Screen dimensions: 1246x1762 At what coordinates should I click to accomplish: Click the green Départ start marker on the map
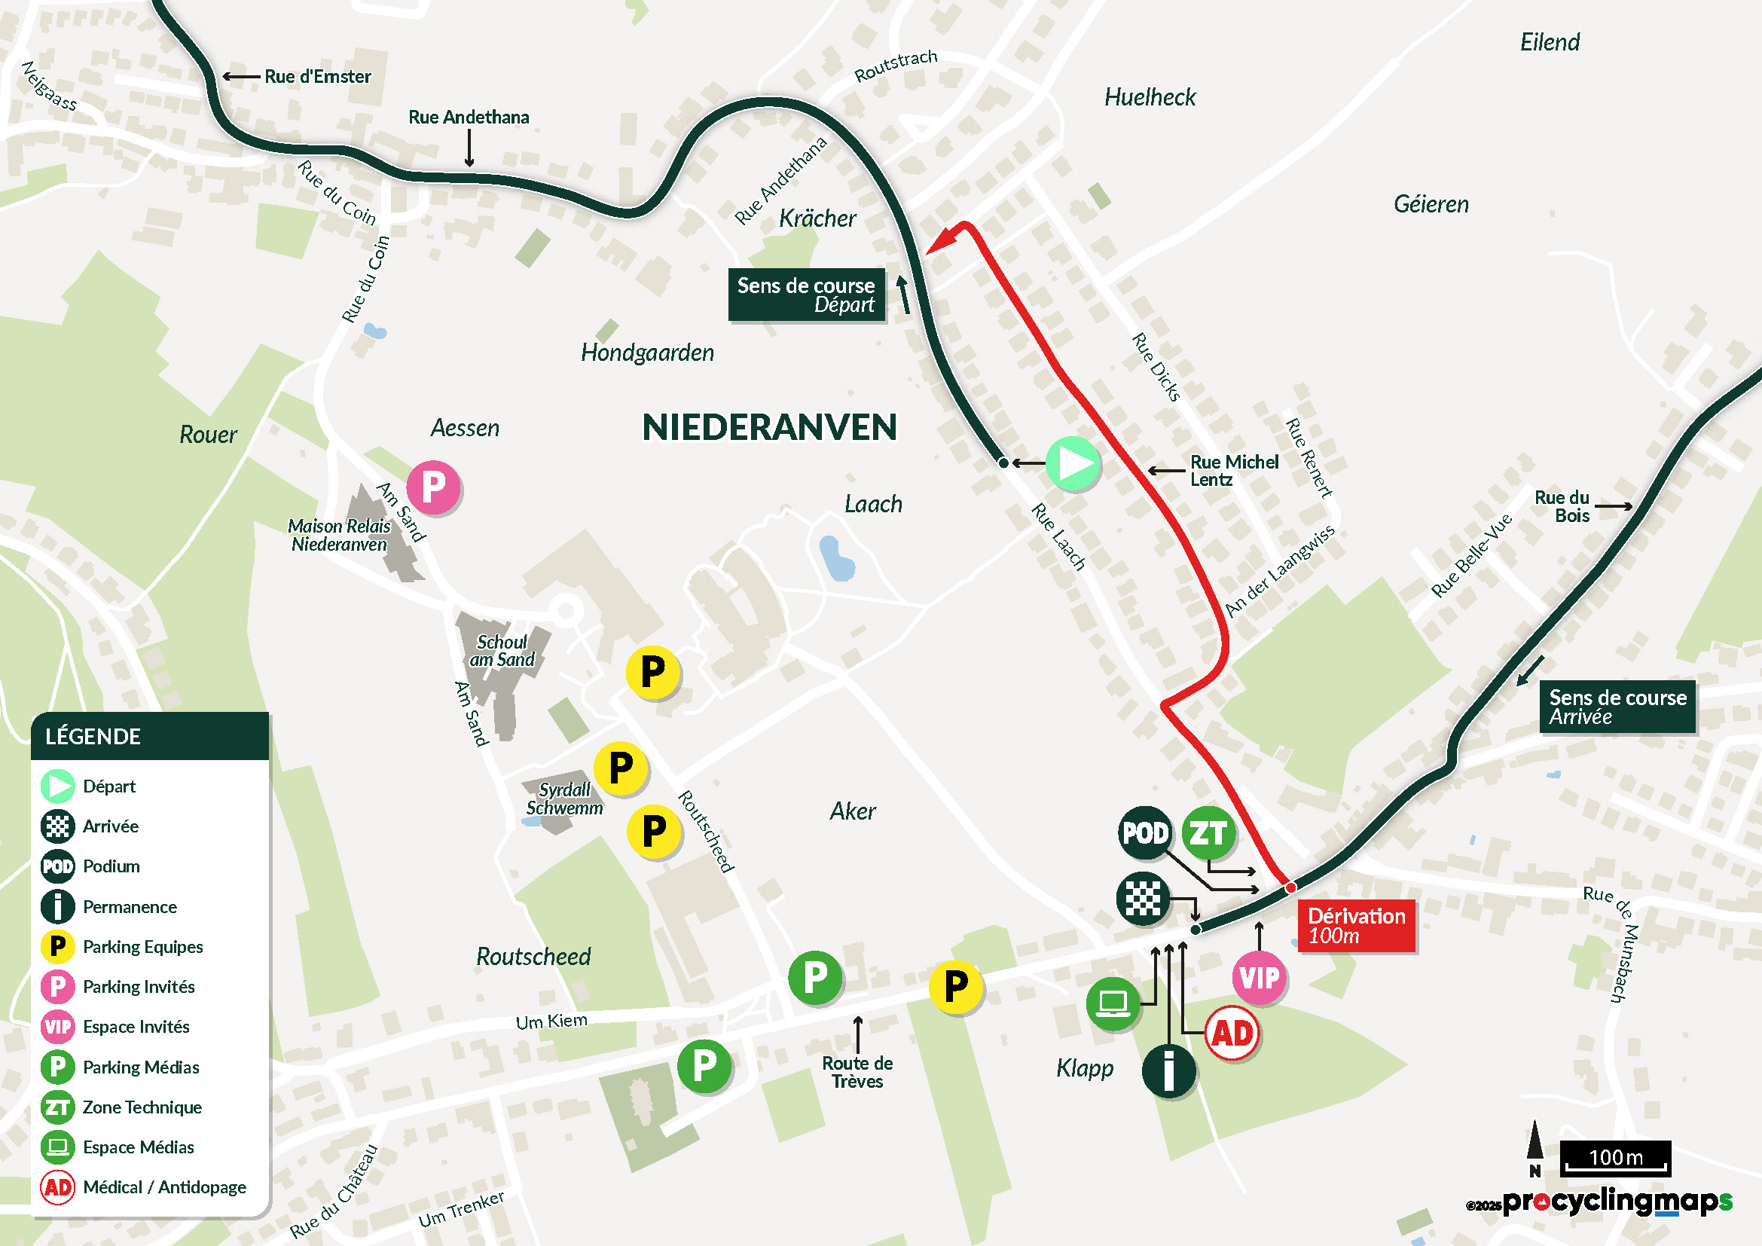pos(1073,463)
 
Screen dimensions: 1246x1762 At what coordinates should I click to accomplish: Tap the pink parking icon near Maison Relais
pos(433,487)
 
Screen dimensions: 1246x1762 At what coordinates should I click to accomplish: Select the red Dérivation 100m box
pos(1355,925)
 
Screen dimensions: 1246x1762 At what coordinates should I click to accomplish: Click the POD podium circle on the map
pos(1144,832)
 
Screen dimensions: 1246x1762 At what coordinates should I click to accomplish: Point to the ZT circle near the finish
pos(1208,832)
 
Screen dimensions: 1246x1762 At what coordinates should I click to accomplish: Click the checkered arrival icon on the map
pos(1143,898)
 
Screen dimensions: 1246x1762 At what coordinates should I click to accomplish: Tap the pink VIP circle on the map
pos(1259,978)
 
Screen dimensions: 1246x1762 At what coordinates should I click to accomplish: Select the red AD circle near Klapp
pos(1232,1034)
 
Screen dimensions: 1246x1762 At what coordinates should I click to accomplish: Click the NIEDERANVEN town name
pos(769,427)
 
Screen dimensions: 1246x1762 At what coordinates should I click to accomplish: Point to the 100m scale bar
pos(1614,1158)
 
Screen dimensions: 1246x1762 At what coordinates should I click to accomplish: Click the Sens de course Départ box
pos(806,295)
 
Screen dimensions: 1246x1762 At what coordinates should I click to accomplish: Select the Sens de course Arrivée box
pos(1617,707)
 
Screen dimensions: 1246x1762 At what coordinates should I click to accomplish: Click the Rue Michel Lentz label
pos(1233,470)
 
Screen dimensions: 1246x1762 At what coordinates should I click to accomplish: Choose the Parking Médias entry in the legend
pos(140,1067)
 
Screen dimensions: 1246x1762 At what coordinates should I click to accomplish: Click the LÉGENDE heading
pos(93,737)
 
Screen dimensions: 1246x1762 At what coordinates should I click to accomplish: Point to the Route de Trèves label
pos(857,1072)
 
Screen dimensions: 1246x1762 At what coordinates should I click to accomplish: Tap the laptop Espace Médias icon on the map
pos(1112,1003)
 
